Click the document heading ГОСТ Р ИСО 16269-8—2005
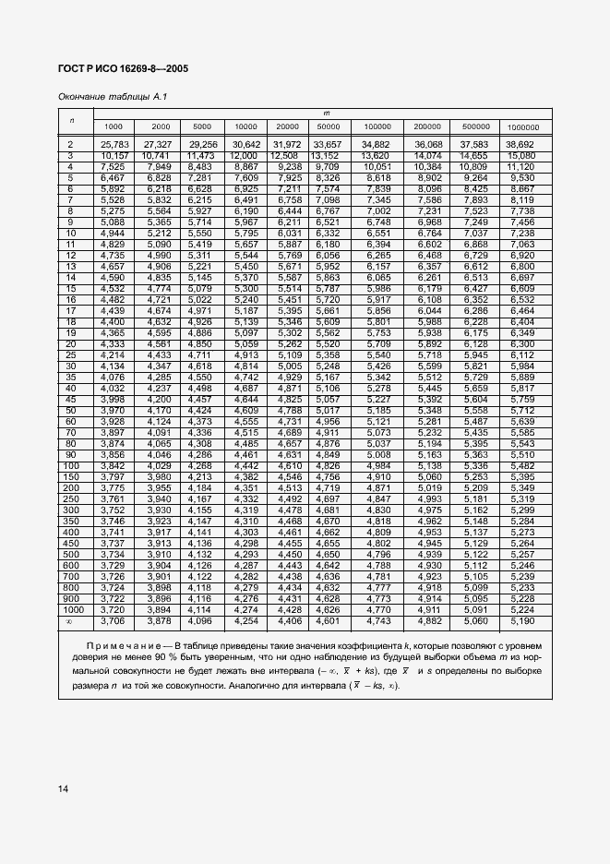tap(123, 68)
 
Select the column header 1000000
tap(522, 126)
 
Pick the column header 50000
tap(328, 126)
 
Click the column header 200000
tap(426, 126)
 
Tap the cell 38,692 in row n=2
tap(520, 145)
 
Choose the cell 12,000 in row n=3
tap(245, 155)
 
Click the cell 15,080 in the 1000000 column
tap(521, 155)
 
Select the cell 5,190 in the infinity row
tap(521, 620)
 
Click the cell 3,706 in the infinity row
tap(114, 620)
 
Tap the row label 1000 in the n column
tap(70, 610)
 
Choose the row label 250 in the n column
tap(70, 498)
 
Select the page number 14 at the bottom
tap(63, 788)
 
